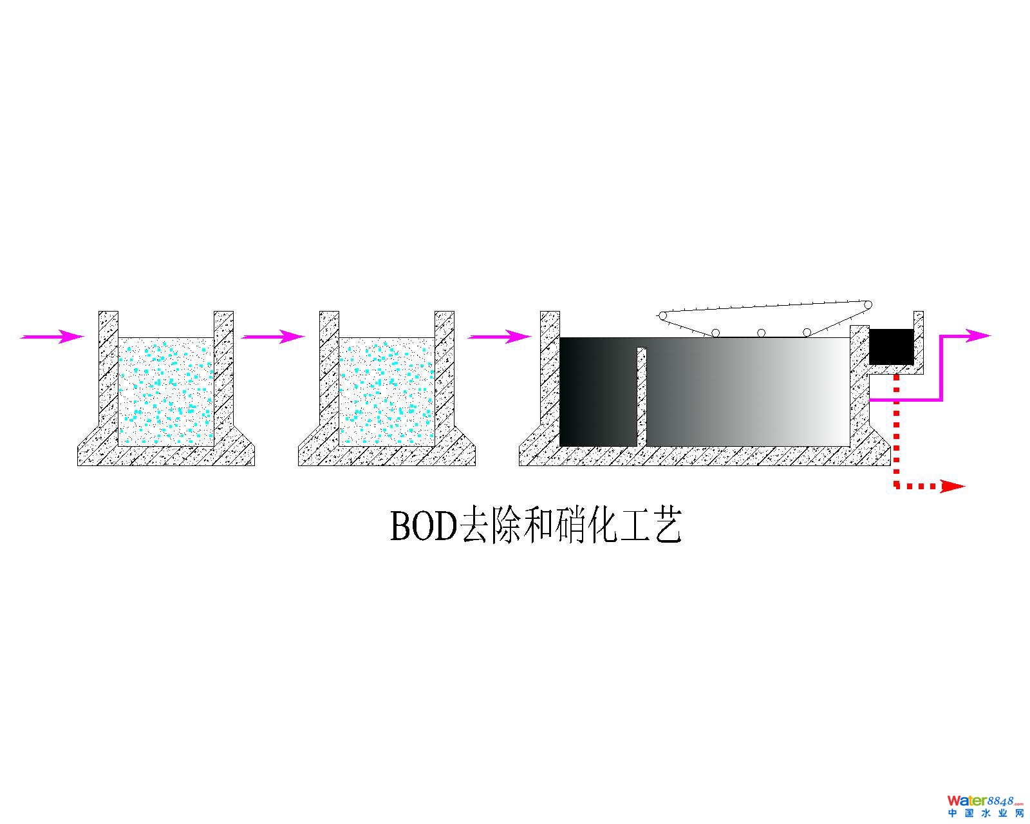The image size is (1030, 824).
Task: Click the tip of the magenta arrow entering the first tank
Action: coord(85,336)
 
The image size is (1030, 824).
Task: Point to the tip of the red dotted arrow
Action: coord(966,487)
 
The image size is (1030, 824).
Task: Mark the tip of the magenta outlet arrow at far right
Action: coord(991,335)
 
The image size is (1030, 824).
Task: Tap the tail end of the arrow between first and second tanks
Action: coord(241,337)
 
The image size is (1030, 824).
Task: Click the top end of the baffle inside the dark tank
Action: coord(642,348)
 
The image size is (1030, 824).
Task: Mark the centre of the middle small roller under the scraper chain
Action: coord(761,333)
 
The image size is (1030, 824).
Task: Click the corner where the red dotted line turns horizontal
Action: coord(897,487)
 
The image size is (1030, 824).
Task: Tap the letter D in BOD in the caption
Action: coord(443,527)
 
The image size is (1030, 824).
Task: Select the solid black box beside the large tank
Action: coord(891,346)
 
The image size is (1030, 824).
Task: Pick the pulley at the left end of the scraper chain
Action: coord(663,316)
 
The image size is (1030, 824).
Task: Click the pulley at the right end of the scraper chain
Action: coord(868,305)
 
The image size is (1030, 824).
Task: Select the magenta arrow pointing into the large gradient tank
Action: coord(500,337)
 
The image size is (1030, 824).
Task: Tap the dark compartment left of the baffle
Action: coord(598,391)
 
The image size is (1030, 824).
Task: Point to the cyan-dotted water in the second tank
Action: coord(387,391)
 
